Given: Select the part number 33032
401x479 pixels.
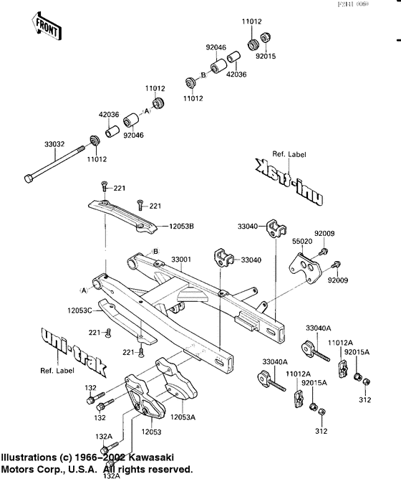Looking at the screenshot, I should [x=54, y=144].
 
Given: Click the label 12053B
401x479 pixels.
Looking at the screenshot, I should [x=182, y=227].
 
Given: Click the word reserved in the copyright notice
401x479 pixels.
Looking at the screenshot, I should [x=170, y=469].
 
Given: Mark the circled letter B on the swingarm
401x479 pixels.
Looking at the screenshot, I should [x=154, y=251].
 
